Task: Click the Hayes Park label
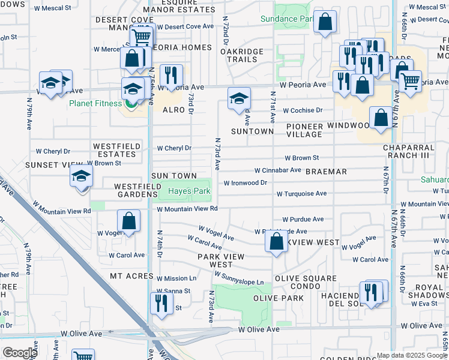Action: (x=189, y=191)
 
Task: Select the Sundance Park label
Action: (x=288, y=19)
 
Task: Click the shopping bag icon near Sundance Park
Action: (x=325, y=23)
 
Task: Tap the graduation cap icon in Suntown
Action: (x=239, y=98)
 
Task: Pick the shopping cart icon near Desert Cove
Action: (x=142, y=37)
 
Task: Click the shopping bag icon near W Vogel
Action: (x=129, y=221)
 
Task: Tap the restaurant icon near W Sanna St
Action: (x=161, y=303)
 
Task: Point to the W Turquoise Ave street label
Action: (x=301, y=194)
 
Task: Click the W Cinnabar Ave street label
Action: (x=277, y=170)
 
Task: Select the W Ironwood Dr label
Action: (x=245, y=183)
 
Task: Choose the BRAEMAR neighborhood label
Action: (x=326, y=172)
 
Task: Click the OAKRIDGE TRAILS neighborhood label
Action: (x=242, y=55)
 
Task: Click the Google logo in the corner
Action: (x=20, y=353)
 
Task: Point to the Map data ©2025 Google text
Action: (x=411, y=355)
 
